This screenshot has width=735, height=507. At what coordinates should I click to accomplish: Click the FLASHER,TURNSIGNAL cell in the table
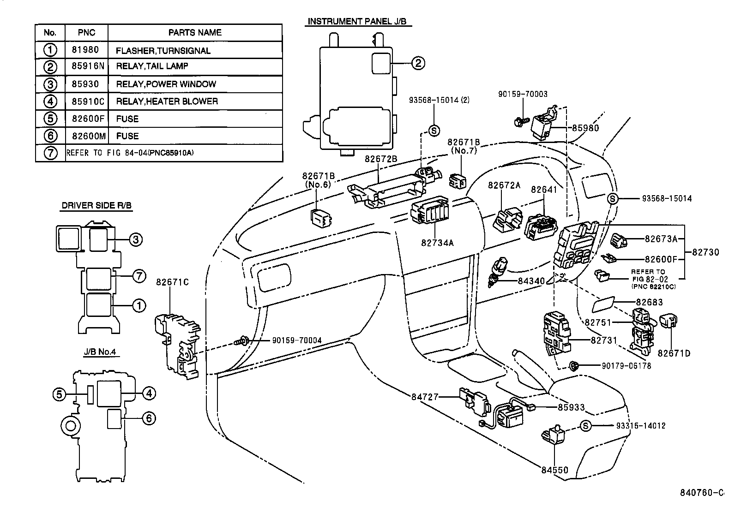[x=163, y=51]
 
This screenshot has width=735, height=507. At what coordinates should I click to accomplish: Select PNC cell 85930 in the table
[x=86, y=84]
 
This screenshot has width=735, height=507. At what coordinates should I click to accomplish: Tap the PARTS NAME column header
[x=194, y=33]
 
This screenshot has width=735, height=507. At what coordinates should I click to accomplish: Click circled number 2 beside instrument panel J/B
[x=417, y=63]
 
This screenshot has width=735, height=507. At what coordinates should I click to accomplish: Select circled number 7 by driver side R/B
[x=139, y=276]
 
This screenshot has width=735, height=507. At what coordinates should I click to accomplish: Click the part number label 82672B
[x=381, y=159]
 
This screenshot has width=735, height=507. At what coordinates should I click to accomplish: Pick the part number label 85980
[x=585, y=128]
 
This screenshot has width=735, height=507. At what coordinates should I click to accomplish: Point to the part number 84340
[x=531, y=280]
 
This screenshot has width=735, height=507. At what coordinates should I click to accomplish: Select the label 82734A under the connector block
[x=437, y=242]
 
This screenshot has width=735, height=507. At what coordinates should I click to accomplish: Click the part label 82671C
[x=172, y=282]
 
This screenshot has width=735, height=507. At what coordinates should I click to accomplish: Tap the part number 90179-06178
[x=626, y=365]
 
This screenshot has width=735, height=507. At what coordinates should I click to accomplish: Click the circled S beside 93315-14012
[x=585, y=426]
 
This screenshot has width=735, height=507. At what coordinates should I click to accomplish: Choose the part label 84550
[x=555, y=470]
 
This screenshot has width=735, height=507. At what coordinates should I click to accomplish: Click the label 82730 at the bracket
[x=705, y=252]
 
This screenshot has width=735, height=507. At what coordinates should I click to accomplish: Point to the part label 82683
[x=649, y=302]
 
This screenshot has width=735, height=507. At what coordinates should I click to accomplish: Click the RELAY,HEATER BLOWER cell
[x=167, y=101]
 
